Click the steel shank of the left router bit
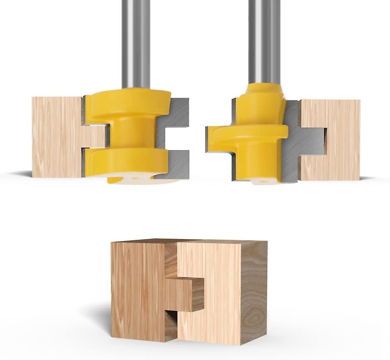[136, 43]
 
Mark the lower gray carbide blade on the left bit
[177, 164]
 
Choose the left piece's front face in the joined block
[136, 289]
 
